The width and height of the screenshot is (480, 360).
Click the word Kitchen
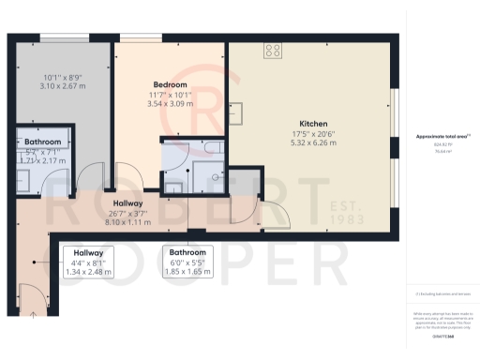pos(313,124)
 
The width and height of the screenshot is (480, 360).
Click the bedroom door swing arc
pos(124,175)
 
